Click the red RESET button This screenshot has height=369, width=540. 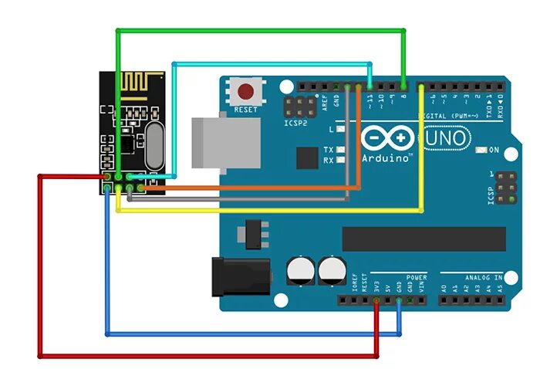(246, 92)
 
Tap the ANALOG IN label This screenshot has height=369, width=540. (482, 276)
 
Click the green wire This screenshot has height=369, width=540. (262, 30)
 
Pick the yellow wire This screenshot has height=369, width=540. (270, 210)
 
